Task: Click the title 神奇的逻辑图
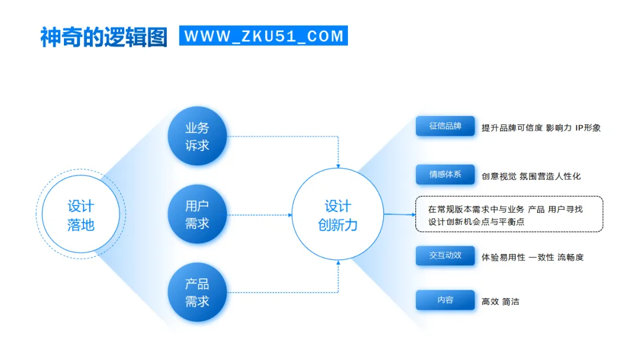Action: pos(104,37)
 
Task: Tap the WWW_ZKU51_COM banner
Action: pos(264,36)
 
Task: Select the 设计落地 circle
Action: pos(80,215)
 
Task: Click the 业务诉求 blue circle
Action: pos(197,136)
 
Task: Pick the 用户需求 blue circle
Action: pos(197,214)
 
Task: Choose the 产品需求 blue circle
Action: pos(197,292)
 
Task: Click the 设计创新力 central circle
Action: pos(338,215)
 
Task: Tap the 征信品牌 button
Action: pos(445,127)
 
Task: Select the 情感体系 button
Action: pos(445,175)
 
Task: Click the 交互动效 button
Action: pos(445,256)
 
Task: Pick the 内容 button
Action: pos(445,300)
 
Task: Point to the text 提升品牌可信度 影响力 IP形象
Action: pos(541,128)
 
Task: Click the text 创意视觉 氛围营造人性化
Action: pos(531,176)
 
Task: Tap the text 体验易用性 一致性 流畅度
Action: pos(532,258)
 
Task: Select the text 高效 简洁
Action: pos(500,301)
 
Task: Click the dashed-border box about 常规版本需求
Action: pos(509,214)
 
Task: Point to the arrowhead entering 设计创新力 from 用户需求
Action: pos(290,215)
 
